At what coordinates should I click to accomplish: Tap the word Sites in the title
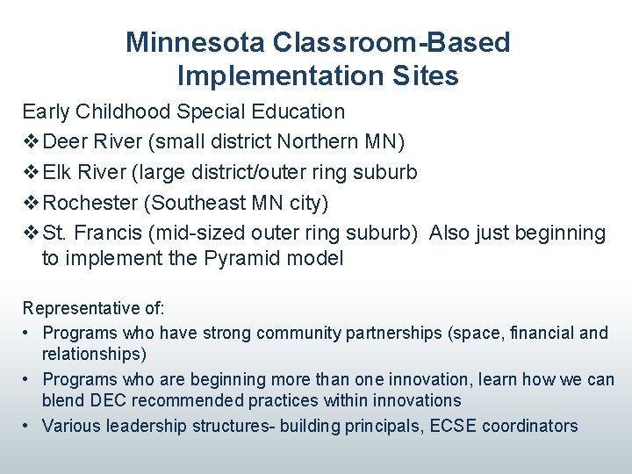pos(427,76)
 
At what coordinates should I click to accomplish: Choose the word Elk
pos(59,172)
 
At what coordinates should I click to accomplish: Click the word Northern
pos(318,141)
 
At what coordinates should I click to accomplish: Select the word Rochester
pos(91,203)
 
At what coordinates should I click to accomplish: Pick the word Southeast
pos(199,203)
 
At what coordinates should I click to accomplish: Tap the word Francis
pos(111,233)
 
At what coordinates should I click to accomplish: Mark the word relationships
pos(94,354)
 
